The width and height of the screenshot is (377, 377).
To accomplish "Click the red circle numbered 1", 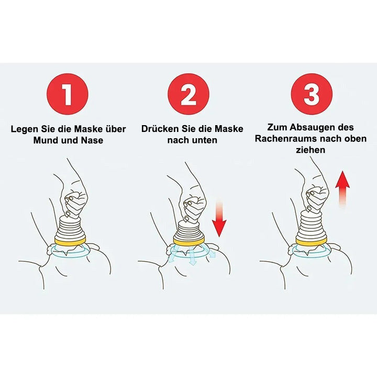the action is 68,94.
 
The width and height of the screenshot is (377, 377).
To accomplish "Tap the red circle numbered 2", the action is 188,94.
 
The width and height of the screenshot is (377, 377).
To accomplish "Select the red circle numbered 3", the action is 312,94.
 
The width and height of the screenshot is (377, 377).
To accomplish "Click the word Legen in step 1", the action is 25,129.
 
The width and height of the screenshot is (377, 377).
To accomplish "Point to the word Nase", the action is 92,140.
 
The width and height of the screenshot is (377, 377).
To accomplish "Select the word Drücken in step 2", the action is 160,129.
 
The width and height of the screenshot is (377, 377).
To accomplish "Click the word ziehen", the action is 311,150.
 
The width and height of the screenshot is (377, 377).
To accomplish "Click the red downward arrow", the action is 219,217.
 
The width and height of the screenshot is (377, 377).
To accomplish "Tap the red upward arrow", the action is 342,188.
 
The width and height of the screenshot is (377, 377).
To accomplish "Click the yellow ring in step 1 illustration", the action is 70,241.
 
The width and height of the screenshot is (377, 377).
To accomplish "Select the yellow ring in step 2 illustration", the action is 188,241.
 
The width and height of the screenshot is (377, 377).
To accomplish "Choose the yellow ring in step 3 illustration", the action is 311,241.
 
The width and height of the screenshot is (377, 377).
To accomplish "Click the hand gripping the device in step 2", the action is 194,207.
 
